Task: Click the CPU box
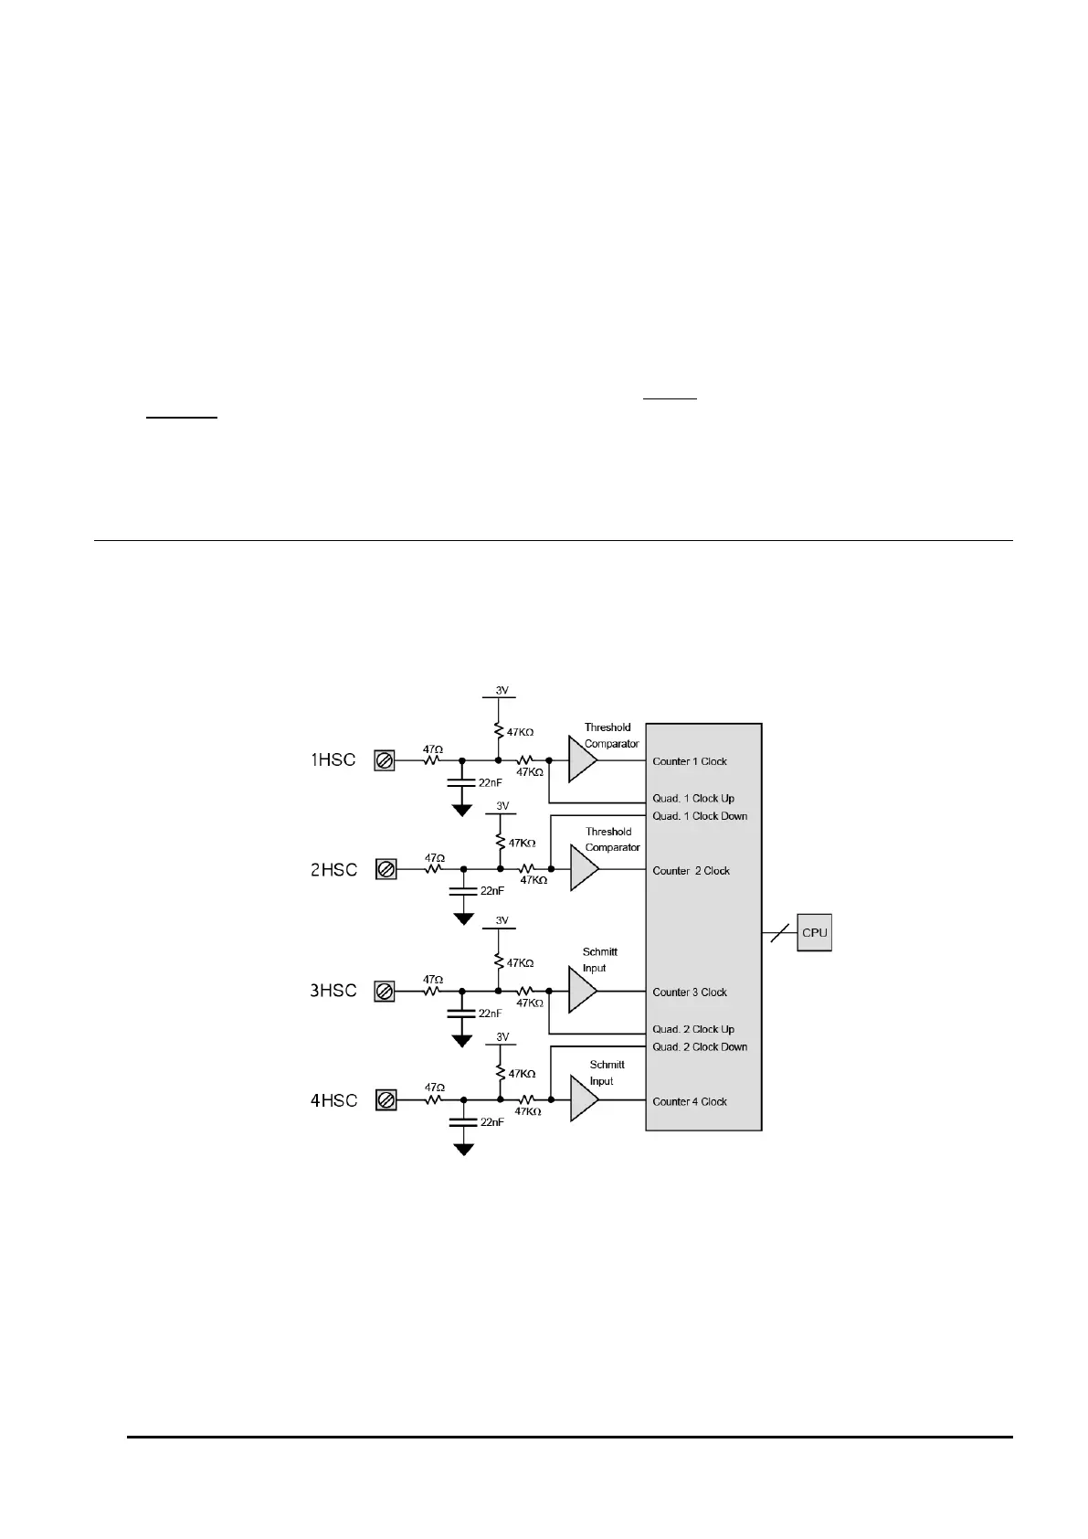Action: (x=814, y=933)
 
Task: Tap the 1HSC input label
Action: (x=333, y=760)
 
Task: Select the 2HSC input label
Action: (x=333, y=870)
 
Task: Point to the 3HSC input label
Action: (x=333, y=991)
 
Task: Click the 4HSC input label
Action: (x=333, y=1101)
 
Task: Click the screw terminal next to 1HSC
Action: (x=385, y=760)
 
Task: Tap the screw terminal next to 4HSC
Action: (x=386, y=1101)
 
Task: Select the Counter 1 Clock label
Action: (x=690, y=761)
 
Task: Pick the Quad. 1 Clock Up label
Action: (x=693, y=799)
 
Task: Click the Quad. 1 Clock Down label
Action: (x=700, y=816)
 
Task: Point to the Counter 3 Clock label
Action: (x=690, y=992)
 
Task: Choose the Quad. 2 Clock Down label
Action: (x=700, y=1047)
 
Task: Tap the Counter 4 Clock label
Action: (x=690, y=1102)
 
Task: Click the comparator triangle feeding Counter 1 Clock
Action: (x=582, y=760)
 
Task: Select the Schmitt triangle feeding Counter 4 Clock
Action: (x=583, y=1100)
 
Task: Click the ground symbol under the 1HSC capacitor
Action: (x=462, y=809)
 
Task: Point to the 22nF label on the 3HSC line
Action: (x=491, y=1014)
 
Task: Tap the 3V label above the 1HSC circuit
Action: (x=502, y=691)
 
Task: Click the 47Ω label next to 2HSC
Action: (x=435, y=858)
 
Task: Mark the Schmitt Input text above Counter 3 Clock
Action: (x=599, y=960)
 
